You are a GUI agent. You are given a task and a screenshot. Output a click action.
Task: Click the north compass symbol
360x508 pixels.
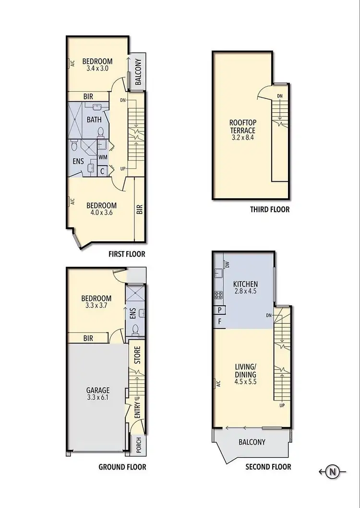click(x=332, y=472)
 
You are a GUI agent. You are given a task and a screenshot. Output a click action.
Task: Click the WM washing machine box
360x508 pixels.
click(x=103, y=157)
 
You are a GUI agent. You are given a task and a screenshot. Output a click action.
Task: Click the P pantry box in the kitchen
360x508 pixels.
click(x=219, y=310)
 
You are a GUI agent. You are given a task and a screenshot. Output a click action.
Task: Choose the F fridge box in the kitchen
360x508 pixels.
click(x=219, y=321)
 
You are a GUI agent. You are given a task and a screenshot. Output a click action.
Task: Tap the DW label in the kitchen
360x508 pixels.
click(x=227, y=264)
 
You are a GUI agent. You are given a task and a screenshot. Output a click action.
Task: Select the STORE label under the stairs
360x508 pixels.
click(x=137, y=355)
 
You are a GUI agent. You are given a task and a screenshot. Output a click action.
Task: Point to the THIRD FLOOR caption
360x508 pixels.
click(x=269, y=210)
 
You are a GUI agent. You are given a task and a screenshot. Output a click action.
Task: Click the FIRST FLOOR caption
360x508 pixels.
click(x=126, y=254)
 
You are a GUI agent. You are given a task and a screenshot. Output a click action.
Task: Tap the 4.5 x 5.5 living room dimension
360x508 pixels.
click(x=245, y=383)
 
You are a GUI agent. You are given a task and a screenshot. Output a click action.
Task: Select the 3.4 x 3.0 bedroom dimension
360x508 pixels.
click(x=97, y=69)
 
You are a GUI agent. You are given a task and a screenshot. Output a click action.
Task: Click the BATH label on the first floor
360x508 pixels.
click(x=94, y=119)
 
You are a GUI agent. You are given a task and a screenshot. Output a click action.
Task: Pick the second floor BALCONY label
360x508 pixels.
click(x=252, y=442)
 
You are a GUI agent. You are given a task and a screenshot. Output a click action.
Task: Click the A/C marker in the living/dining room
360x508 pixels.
click(x=217, y=383)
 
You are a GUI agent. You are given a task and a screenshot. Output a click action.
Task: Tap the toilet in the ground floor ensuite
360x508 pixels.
click(x=136, y=330)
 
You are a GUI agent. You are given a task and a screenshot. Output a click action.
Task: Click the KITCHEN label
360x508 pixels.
click(x=245, y=284)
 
